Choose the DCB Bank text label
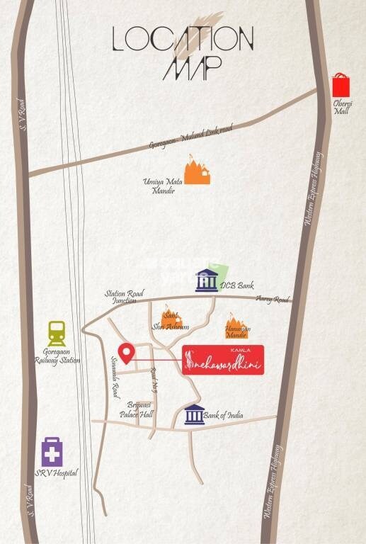click(236, 285)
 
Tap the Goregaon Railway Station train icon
click(57, 334)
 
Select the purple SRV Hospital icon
click(52, 451)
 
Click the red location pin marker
click(127, 352)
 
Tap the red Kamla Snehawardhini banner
click(223, 361)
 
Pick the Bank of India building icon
click(194, 414)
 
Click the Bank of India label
click(224, 415)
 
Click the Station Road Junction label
click(125, 296)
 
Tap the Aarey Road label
click(273, 299)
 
